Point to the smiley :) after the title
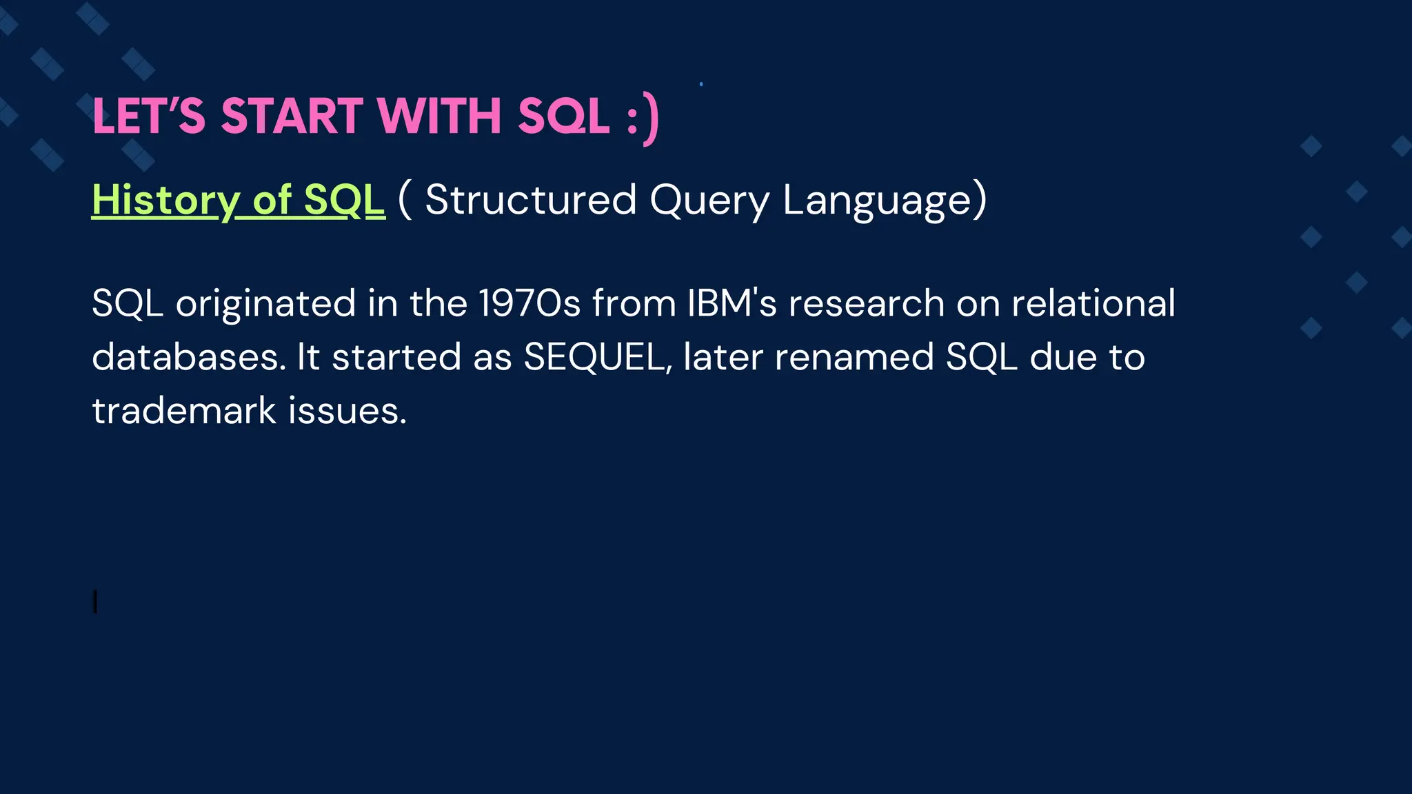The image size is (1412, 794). click(643, 119)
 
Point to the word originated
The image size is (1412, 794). click(265, 304)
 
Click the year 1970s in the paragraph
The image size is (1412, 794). click(529, 303)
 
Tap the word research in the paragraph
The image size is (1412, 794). click(866, 304)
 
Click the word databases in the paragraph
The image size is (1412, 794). click(188, 357)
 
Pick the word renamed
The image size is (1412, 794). click(854, 357)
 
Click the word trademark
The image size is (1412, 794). click(184, 411)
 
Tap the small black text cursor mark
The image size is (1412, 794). click(95, 602)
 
